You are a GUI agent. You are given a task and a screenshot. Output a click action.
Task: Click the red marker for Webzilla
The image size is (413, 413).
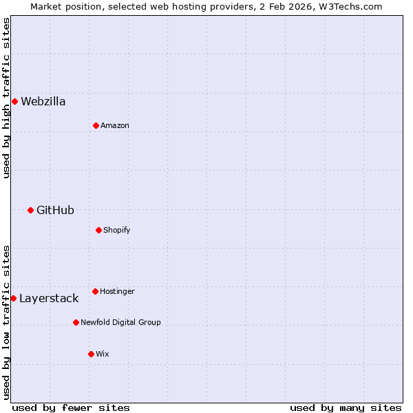point(14,102)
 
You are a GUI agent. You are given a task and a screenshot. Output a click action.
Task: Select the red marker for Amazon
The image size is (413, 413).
point(96,125)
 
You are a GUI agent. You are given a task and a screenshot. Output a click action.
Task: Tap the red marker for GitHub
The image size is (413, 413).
point(30,210)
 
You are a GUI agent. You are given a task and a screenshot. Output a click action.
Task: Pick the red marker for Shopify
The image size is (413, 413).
point(98,230)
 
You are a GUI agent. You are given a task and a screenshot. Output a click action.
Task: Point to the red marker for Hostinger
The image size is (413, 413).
point(95,291)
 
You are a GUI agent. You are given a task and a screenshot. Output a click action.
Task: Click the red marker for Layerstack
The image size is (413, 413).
point(13,298)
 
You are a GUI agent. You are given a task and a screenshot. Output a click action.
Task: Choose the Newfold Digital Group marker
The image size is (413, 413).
point(76,322)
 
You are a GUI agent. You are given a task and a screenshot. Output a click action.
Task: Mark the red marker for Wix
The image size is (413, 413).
point(91,354)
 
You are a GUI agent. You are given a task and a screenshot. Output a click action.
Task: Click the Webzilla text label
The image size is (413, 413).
point(43,102)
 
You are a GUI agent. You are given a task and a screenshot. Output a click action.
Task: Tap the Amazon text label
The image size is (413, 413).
point(115,126)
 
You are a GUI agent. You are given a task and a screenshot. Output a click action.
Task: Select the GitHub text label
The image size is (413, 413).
point(55,210)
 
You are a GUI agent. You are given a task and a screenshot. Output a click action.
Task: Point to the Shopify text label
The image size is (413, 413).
point(117,230)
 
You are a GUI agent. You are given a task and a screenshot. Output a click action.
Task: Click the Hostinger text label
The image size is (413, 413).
point(117,291)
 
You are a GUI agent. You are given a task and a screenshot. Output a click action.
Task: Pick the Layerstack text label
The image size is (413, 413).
point(49,299)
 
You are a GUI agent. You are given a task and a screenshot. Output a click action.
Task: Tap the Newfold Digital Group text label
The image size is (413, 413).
point(120,322)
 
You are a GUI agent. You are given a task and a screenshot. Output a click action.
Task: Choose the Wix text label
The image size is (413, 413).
point(103,354)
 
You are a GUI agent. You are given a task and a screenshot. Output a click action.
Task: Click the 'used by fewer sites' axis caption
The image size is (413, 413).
point(71,407)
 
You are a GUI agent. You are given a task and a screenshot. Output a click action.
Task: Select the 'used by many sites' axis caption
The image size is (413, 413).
point(346,407)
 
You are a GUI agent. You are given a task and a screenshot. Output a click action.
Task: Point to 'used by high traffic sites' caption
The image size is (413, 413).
point(6,98)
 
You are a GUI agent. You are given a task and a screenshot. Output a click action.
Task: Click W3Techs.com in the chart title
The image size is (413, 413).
point(350,6)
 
